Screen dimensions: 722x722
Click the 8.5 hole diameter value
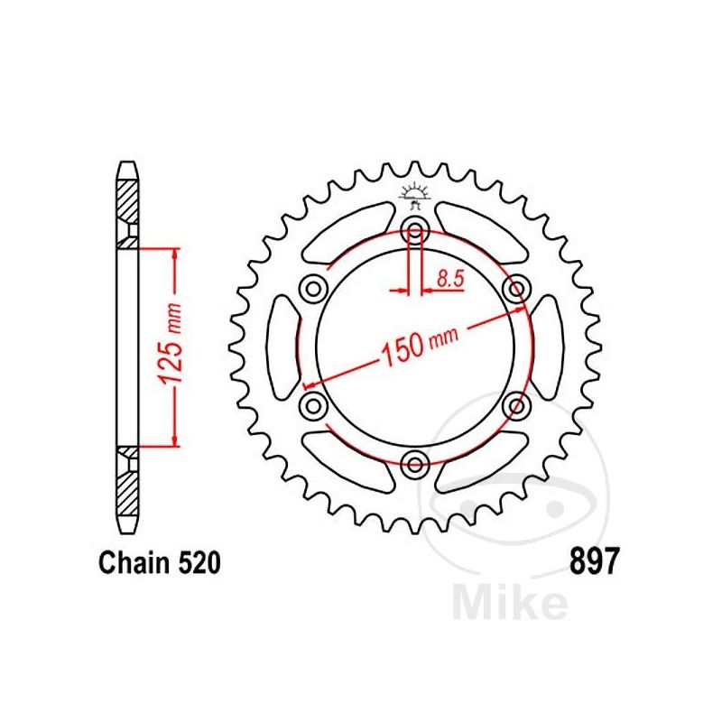click(449, 279)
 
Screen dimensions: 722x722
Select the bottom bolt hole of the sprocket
click(415, 465)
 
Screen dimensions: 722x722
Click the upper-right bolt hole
click(517, 288)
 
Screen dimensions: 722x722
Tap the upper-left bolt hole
click(313, 288)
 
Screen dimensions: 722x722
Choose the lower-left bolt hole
click(313, 403)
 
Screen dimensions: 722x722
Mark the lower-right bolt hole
click(517, 403)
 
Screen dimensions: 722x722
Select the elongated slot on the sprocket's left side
click(282, 346)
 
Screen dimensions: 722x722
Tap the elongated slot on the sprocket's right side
click(549, 346)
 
